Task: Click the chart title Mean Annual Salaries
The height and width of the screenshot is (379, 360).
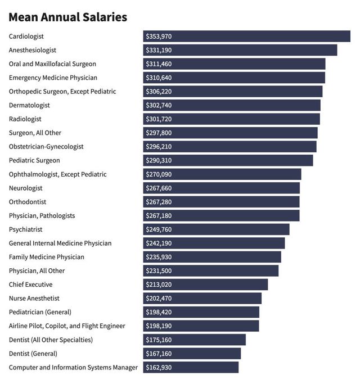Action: pos(67,17)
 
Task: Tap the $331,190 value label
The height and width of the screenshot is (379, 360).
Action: pos(159,50)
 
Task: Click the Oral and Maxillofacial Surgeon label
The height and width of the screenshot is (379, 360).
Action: pos(52,64)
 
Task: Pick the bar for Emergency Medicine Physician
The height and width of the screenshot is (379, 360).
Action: pos(234,78)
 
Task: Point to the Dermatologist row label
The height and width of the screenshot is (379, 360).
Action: pos(29,105)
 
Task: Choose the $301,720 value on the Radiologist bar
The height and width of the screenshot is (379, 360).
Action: pos(159,119)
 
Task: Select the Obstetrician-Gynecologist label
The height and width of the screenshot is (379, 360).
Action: pos(46,147)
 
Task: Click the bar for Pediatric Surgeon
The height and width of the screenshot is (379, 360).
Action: pos(228,160)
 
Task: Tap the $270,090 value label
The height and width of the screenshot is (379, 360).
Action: pos(159,174)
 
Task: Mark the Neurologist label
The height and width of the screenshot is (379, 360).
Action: pos(26,188)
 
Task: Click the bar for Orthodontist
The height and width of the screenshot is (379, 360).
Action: pos(221,202)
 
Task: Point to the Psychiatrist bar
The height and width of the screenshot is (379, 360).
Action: pos(216,229)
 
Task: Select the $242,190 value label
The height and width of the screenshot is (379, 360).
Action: pos(159,243)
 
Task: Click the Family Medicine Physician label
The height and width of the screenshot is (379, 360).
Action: pos(47,257)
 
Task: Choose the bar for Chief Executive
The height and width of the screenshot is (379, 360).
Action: pos(205,285)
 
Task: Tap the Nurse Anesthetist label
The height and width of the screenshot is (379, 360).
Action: pos(34,298)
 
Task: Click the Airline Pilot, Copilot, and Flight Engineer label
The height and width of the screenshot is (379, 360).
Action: pos(67,326)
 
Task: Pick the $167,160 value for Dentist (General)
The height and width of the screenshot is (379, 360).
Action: pos(159,353)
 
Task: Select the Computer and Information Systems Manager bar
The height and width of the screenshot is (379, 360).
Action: pos(191,367)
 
